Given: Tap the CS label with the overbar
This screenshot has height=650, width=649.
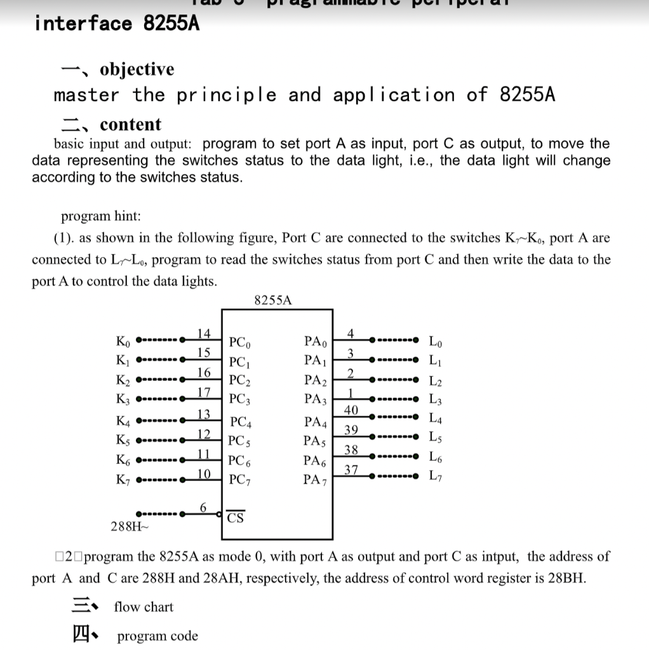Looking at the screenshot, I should [236, 518].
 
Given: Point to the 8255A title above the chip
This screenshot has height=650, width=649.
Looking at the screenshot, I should [273, 300].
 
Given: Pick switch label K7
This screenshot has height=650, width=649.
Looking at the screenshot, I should [123, 477].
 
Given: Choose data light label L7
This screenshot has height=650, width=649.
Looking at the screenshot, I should [436, 475].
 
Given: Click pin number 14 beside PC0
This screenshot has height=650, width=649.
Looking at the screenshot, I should [203, 334].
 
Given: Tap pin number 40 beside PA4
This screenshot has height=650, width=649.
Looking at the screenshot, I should [351, 409].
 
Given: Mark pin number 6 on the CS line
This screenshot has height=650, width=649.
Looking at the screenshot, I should [203, 507].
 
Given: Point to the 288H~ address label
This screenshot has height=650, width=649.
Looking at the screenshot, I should [129, 526].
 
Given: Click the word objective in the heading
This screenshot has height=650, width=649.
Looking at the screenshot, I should [137, 69].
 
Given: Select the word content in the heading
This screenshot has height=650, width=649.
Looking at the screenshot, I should [130, 124].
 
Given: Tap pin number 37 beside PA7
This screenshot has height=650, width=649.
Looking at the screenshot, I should [351, 470].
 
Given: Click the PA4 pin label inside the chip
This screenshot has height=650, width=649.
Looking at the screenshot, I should [315, 421].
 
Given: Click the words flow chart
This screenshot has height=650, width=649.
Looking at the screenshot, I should [144, 607].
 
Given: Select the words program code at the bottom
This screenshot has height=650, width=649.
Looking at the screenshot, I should [157, 636].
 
